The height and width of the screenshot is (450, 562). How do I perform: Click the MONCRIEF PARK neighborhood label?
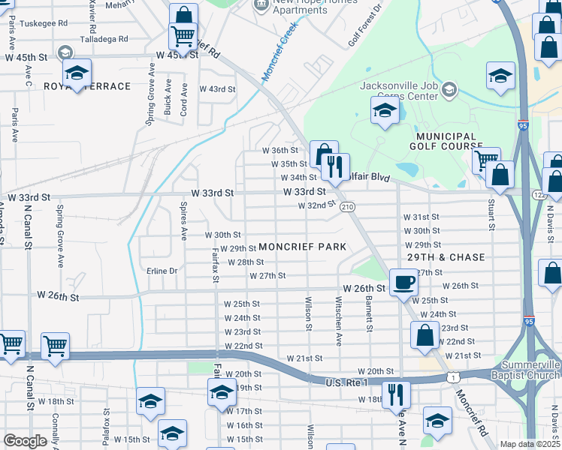point(302,247)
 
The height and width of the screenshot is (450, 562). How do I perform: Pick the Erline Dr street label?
point(162,271)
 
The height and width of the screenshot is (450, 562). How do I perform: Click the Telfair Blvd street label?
point(369,177)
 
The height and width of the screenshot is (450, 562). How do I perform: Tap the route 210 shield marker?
point(346,206)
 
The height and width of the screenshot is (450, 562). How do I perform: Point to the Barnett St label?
point(370,313)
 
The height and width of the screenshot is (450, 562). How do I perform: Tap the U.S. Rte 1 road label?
point(346,382)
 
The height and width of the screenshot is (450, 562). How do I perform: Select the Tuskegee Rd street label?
point(43,22)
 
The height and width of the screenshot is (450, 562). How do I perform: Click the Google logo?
point(25,441)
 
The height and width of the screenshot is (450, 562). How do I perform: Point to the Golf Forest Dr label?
point(365,24)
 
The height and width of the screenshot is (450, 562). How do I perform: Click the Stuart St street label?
point(492,214)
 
